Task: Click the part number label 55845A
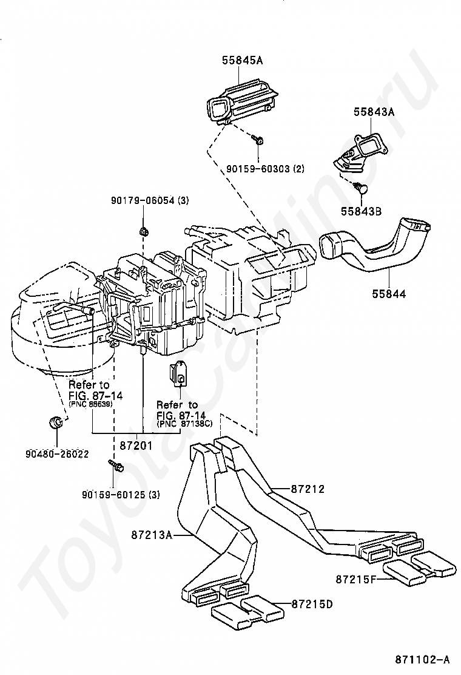tap(242, 60)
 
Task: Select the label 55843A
tap(374, 112)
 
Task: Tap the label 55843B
tap(362, 211)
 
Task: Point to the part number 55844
tap(389, 294)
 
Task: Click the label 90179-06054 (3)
tap(150, 200)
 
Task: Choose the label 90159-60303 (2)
tap(265, 168)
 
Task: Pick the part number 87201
tap(136, 446)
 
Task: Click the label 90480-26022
tap(57, 453)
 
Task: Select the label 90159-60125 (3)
tap(121, 495)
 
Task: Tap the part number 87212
tap(308, 489)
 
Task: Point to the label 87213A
tap(152, 535)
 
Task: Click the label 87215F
tap(356, 579)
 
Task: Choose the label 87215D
tap(312, 605)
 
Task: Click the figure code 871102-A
tap(423, 659)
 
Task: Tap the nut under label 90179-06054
tap(144, 232)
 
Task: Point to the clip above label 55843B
tap(361, 187)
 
